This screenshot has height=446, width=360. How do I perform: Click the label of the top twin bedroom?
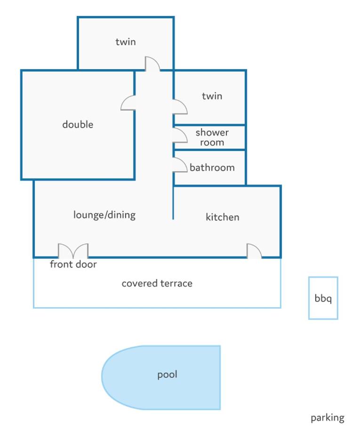pyautogui.click(x=126, y=42)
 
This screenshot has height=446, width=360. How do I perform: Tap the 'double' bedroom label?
pyautogui.click(x=78, y=125)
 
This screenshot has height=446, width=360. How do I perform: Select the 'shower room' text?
pyautogui.click(x=212, y=137)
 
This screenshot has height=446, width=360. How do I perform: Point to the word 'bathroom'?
pyautogui.click(x=212, y=167)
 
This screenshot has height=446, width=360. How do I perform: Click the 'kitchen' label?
pyautogui.click(x=223, y=217)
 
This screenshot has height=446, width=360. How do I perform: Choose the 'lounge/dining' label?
pyautogui.click(x=104, y=215)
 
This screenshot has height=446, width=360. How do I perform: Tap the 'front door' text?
pyautogui.click(x=73, y=264)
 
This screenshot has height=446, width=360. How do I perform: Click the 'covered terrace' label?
pyautogui.click(x=157, y=284)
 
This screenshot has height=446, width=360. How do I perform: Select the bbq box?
pyautogui.click(x=323, y=298)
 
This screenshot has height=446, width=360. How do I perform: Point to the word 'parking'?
pyautogui.click(x=328, y=417)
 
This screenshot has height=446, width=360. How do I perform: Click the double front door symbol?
pyautogui.click(x=73, y=251)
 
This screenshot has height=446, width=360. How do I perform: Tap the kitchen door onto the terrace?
pyautogui.click(x=254, y=251)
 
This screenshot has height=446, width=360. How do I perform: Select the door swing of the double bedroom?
pyautogui.click(x=128, y=104)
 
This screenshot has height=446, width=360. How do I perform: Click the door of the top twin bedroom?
pyautogui.click(x=152, y=64)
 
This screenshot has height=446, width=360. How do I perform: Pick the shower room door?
pyautogui.click(x=180, y=135)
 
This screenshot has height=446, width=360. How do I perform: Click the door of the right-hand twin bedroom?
pyautogui.click(x=180, y=107)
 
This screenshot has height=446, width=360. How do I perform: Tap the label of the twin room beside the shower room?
pyautogui.click(x=212, y=96)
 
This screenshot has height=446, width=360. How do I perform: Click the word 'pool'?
pyautogui.click(x=167, y=375)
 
